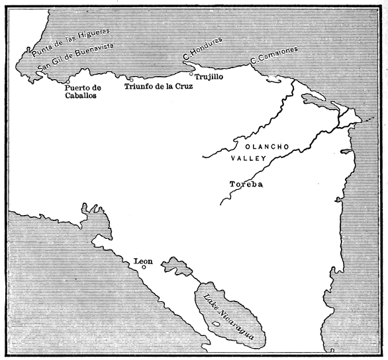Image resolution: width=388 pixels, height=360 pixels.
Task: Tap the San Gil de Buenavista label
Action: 77,56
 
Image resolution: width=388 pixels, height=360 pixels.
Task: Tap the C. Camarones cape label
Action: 274,56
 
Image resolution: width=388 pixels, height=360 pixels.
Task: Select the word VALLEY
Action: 248,159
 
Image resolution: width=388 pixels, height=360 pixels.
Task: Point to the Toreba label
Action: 246,184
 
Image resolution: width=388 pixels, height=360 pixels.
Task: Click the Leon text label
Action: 143,261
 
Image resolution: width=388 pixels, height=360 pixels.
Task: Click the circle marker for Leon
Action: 144,267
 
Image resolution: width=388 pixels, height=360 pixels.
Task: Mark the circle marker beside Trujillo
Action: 191,74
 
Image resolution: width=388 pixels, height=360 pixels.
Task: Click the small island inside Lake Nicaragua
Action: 218,324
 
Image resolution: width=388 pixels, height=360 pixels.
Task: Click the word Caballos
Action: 81,95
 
